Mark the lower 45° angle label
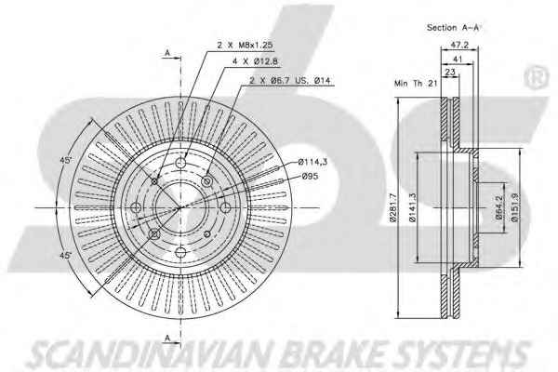tap(66, 253)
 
